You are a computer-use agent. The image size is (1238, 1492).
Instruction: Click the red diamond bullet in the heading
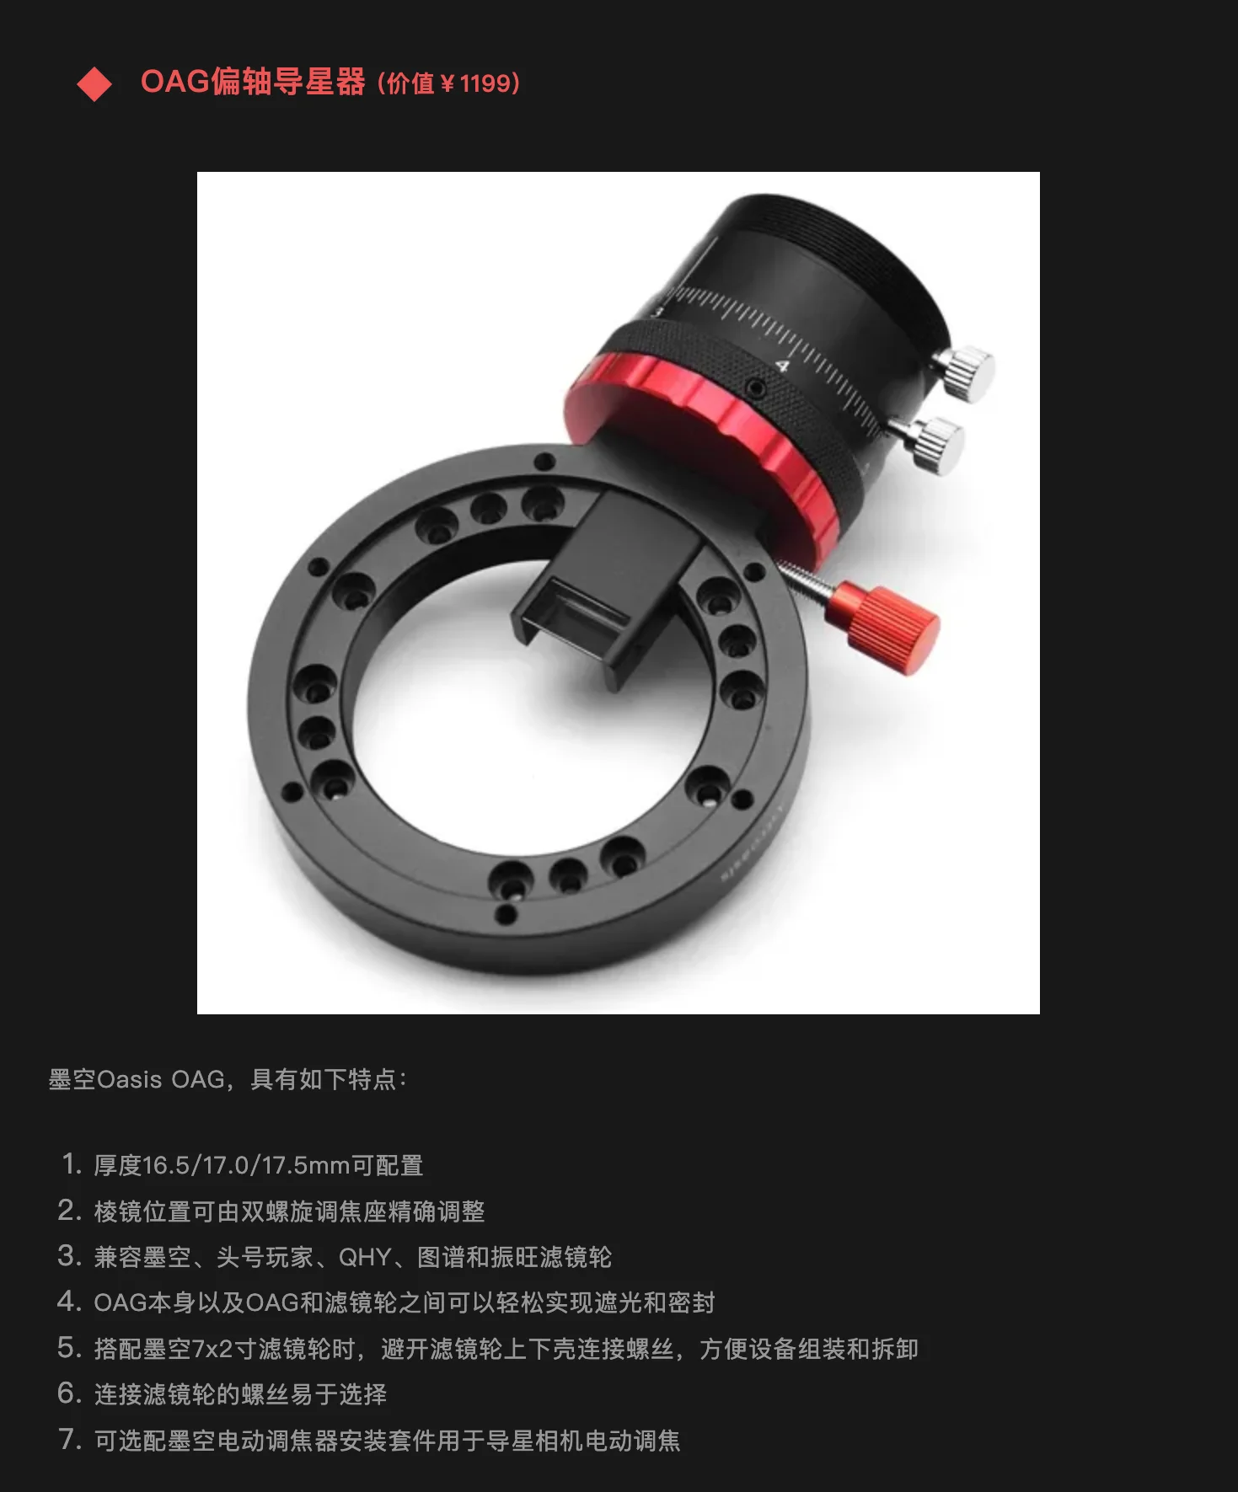click(x=94, y=84)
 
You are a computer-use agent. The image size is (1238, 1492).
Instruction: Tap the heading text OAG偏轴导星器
click(x=253, y=82)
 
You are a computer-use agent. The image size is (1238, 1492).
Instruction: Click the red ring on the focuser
click(x=704, y=455)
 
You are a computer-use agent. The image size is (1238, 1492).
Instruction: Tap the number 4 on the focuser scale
click(x=783, y=366)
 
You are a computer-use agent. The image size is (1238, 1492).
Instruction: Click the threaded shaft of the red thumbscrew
click(x=805, y=581)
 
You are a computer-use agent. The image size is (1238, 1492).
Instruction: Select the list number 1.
click(x=71, y=1164)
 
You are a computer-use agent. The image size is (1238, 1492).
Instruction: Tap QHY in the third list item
click(x=365, y=1257)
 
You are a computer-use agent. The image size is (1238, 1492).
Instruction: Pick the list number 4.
click(x=69, y=1302)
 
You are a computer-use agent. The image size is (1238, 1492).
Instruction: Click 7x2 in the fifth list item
click(x=212, y=1349)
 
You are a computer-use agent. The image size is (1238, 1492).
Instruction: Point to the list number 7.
click(x=70, y=1439)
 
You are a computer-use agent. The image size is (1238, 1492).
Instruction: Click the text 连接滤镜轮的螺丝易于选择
click(x=240, y=1394)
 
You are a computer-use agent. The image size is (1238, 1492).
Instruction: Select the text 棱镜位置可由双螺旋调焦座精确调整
click(x=289, y=1211)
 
